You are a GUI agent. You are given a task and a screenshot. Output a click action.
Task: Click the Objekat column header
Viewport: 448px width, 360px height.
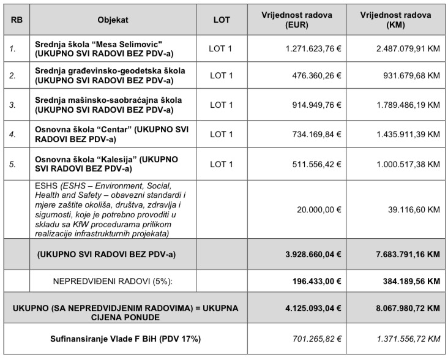tap(113, 20)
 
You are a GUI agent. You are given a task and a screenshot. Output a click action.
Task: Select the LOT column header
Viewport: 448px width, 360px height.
tap(222, 20)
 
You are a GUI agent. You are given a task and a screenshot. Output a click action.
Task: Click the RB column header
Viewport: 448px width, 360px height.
tap(14, 20)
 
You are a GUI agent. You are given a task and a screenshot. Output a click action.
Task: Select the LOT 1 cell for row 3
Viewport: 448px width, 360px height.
tap(222, 105)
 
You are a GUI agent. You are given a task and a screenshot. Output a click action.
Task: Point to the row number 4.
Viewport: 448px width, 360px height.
tap(12, 133)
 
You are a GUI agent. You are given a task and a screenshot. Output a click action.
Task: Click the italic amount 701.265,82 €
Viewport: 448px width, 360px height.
tap(316, 338)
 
